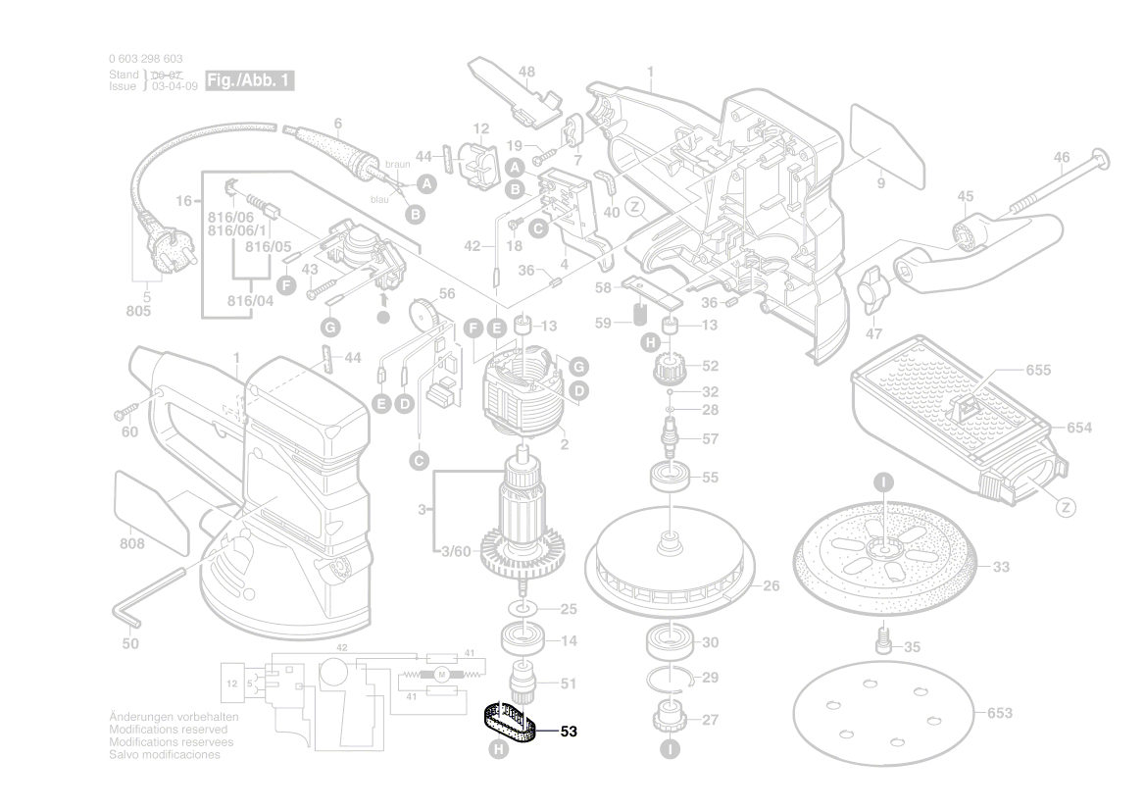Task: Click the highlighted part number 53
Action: click(x=569, y=731)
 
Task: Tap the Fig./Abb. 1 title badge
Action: click(x=249, y=79)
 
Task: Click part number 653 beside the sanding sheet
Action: click(x=999, y=713)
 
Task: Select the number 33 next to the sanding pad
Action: click(x=1001, y=567)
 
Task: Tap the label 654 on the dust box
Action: click(x=1079, y=428)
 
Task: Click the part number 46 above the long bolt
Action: click(x=1062, y=158)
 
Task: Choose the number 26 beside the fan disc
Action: click(x=771, y=586)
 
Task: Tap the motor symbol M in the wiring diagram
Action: click(x=441, y=673)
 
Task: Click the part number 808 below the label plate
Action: click(x=132, y=543)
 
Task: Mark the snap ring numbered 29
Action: click(x=676, y=677)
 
